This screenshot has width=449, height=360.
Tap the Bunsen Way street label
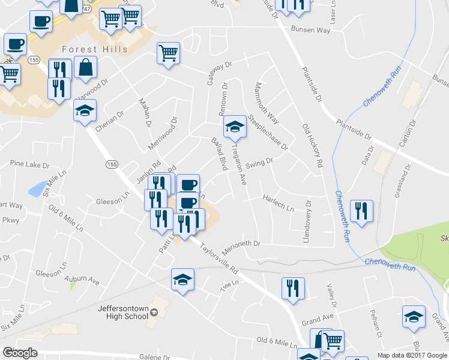pyautogui.click(x=310, y=29)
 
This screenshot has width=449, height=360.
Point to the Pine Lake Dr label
pyautogui.click(x=29, y=163)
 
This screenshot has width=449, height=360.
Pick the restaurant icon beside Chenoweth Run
pyautogui.click(x=361, y=211)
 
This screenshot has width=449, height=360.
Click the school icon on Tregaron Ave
pyautogui.click(x=235, y=126)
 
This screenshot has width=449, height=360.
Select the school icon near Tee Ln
pyautogui.click(x=182, y=280)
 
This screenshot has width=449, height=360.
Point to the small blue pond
pyautogui.click(x=37, y=189)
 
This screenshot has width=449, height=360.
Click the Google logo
pyautogui.click(x=20, y=353)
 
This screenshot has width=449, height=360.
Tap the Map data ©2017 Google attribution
pyautogui.click(x=412, y=355)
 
